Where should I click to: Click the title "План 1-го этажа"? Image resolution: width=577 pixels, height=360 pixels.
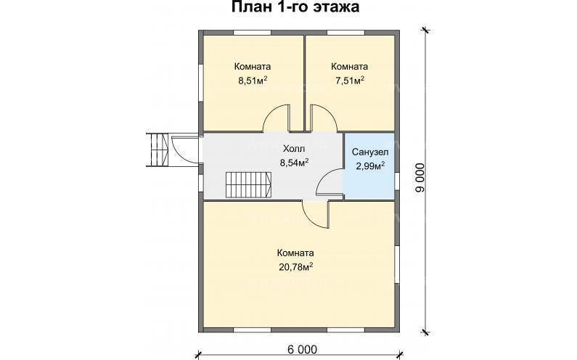(288, 8)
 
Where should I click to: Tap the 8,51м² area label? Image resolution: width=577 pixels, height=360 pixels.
(253, 81)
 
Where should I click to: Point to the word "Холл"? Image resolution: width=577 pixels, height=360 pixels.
(293, 147)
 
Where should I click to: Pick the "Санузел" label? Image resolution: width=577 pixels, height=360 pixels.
(369, 152)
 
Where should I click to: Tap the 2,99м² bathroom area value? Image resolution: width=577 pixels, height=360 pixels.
(369, 166)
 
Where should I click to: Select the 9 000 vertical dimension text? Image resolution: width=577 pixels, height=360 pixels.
(420, 177)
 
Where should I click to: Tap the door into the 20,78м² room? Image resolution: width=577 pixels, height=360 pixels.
(315, 212)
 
